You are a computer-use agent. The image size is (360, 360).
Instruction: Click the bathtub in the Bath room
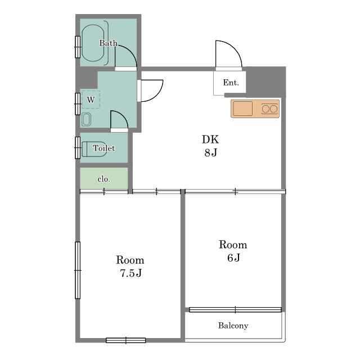(93, 43)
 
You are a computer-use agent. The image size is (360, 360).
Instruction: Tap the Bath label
(109, 43)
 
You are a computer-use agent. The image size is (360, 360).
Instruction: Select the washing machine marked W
(91, 100)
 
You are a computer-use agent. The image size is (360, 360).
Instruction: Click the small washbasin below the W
(86, 119)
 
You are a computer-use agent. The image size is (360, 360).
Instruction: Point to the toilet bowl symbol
(94, 149)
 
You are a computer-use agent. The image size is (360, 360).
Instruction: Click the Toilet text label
(103, 148)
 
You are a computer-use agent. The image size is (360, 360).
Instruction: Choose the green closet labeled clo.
(103, 178)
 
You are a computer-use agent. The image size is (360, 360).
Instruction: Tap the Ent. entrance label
(231, 83)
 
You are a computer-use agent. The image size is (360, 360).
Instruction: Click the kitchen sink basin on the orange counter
(242, 109)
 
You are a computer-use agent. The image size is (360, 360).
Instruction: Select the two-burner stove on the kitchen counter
(269, 109)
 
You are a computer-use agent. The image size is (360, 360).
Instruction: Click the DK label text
(210, 139)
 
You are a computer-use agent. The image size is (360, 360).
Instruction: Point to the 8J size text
(211, 152)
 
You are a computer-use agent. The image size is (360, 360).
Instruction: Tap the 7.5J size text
(130, 273)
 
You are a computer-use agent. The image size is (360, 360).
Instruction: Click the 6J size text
(234, 258)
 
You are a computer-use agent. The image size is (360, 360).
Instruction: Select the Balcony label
(233, 326)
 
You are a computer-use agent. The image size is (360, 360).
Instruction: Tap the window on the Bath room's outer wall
(78, 47)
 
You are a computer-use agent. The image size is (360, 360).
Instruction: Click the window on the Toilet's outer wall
(78, 148)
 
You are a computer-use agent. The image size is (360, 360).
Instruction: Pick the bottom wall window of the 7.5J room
(126, 340)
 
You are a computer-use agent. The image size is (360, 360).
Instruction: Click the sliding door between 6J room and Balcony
(235, 310)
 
